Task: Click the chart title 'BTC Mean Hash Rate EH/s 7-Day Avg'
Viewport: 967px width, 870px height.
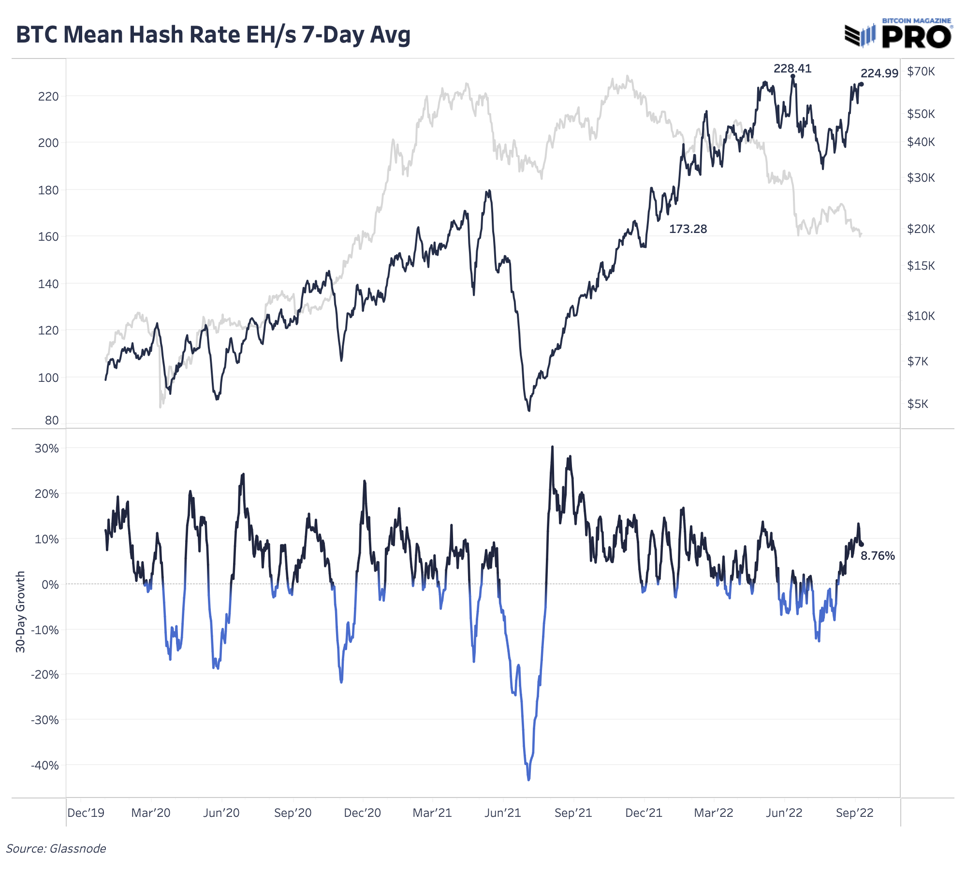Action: click(213, 35)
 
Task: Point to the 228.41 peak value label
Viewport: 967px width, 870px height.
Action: click(792, 69)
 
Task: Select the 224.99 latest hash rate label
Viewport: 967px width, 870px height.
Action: click(879, 73)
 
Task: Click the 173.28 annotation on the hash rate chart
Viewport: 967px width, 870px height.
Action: click(688, 229)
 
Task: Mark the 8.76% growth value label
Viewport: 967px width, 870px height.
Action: click(878, 556)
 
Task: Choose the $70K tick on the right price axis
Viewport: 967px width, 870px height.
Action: click(921, 72)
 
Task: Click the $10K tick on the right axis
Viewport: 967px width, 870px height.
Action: click(921, 316)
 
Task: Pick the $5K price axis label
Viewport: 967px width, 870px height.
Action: click(918, 404)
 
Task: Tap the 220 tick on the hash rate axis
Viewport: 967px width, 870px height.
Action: click(48, 97)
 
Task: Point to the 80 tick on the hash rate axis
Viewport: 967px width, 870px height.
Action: click(52, 420)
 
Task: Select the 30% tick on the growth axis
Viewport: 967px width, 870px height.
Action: click(47, 449)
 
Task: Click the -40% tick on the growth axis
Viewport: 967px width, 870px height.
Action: click(45, 766)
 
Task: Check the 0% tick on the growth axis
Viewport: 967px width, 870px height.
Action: click(50, 585)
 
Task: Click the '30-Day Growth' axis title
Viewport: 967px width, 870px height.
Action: click(20, 611)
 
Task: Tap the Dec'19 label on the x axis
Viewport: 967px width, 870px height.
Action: click(86, 813)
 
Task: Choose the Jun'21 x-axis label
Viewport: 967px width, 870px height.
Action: click(502, 813)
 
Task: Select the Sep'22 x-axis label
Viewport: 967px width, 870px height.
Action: click(854, 813)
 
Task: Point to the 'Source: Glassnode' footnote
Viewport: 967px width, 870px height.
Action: click(56, 849)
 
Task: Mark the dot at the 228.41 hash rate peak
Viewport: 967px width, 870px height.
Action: click(792, 76)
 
